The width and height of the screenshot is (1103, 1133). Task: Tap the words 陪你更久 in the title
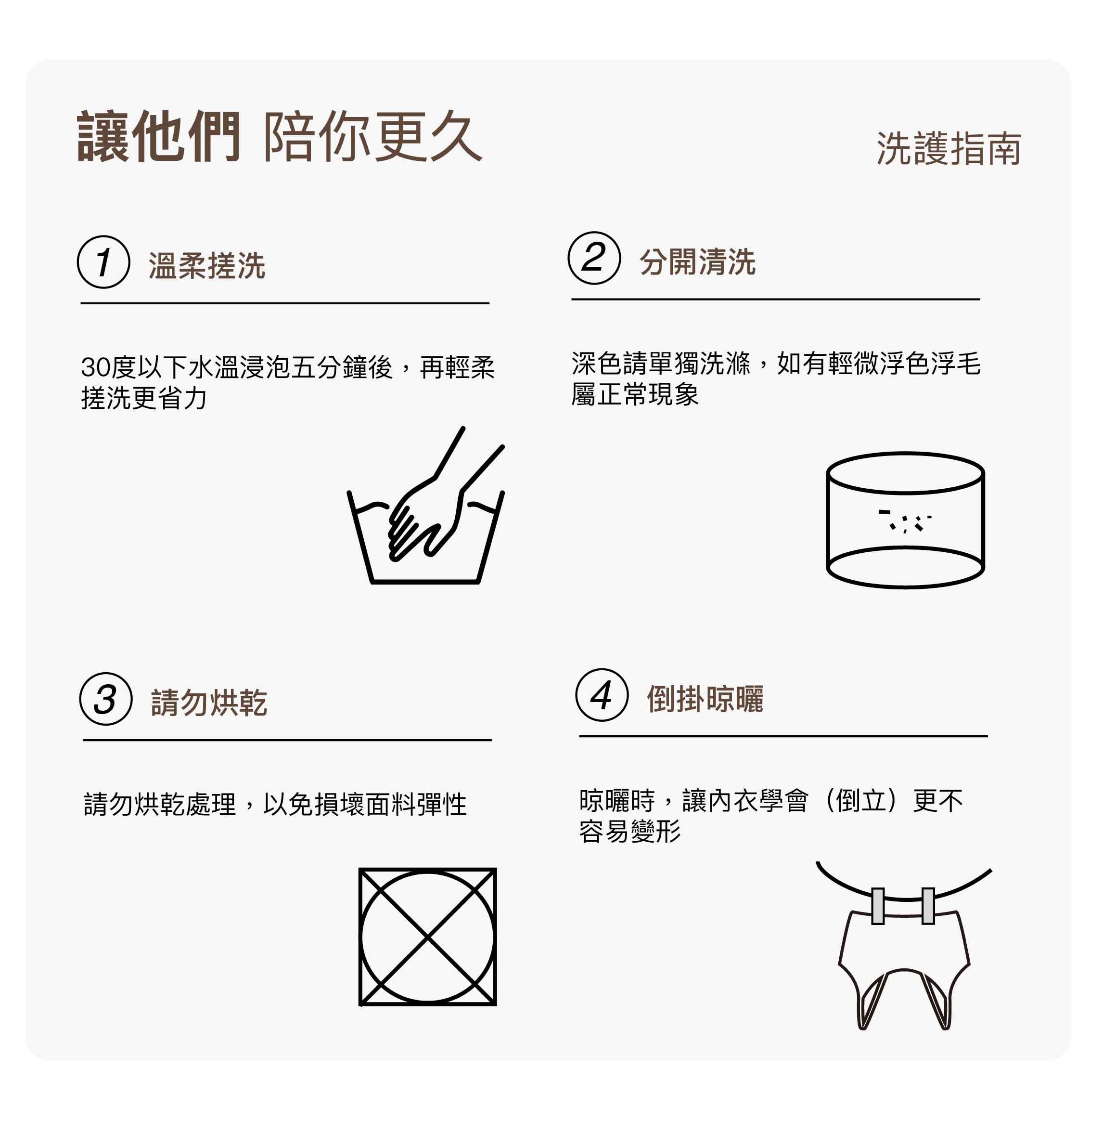372,137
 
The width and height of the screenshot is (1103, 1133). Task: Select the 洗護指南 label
949,149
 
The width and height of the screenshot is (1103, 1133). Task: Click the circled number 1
103,262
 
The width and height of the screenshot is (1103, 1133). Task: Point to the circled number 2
594,258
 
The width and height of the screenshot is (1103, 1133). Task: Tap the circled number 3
106,699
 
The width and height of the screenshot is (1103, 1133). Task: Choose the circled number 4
602,695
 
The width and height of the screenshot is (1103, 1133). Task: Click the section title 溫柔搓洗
207,266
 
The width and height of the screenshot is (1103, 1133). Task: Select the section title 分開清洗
697,262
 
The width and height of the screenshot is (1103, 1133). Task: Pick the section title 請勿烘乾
209,703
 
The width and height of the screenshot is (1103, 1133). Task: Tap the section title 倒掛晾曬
705,699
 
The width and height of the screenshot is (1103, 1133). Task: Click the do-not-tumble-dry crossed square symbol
427,937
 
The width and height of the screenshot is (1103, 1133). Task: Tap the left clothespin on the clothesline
878,906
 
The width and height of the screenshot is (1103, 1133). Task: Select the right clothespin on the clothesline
928,906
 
